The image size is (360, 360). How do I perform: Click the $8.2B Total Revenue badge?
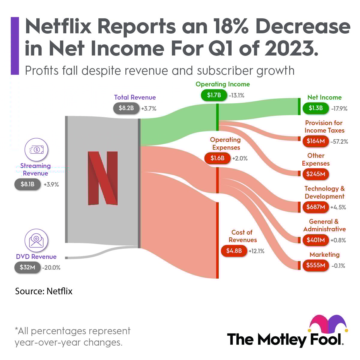pyautogui.click(x=126, y=108)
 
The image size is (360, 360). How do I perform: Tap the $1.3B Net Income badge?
pyautogui.click(x=316, y=108)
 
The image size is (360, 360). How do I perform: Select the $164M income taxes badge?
pyautogui.click(x=316, y=141)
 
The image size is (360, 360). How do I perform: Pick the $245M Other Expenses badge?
pyautogui.click(x=316, y=174)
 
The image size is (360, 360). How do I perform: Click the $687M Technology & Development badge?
pyautogui.click(x=316, y=207)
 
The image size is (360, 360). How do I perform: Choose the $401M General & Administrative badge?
pyautogui.click(x=316, y=240)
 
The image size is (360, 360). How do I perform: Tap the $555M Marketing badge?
pyautogui.click(x=316, y=265)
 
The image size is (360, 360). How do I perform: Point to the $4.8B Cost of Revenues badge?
pyautogui.click(x=234, y=251)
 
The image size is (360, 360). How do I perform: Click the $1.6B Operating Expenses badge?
pyautogui.click(x=217, y=158)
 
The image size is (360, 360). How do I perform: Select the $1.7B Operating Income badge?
pyautogui.click(x=214, y=95)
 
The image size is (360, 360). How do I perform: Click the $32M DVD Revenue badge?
pyautogui.click(x=27, y=267)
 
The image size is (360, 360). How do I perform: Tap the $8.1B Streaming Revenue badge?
pyautogui.click(x=27, y=184)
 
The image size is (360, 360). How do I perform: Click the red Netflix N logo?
pyautogui.click(x=103, y=178)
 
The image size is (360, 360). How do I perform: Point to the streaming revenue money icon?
pyautogui.click(x=36, y=150)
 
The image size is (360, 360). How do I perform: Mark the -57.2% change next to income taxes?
pyautogui.click(x=339, y=142)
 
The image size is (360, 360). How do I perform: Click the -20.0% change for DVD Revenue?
pyautogui.click(x=51, y=268)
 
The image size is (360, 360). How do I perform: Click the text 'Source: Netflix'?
pyautogui.click(x=44, y=291)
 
